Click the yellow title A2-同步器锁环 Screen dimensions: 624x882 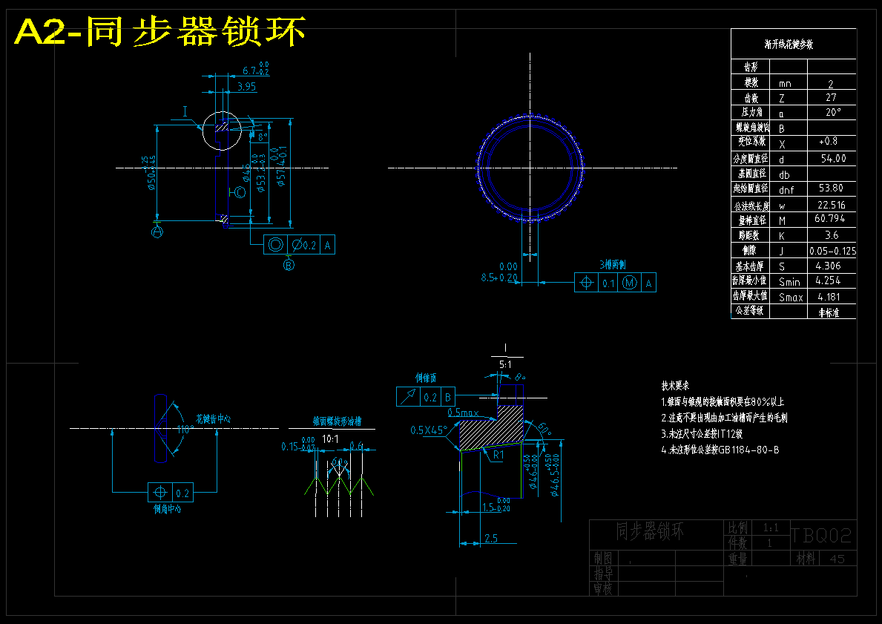(159, 32)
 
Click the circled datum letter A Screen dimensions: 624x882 (157, 232)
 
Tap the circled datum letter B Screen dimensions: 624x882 (289, 263)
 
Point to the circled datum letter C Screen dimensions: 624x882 (240, 194)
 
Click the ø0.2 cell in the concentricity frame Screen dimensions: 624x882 (303, 244)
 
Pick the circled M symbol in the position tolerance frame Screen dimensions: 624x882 (630, 282)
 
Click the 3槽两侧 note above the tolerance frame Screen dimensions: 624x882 (613, 264)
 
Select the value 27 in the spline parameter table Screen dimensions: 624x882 (831, 98)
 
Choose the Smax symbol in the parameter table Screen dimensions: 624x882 (791, 298)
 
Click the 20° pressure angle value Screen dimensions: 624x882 (832, 113)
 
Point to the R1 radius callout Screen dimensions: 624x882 (498, 455)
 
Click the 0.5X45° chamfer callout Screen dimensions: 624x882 (428, 430)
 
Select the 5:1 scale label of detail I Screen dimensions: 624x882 (505, 365)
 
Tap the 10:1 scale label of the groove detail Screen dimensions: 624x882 (331, 439)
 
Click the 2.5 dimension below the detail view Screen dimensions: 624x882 (490, 537)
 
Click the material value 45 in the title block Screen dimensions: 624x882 (837, 559)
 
